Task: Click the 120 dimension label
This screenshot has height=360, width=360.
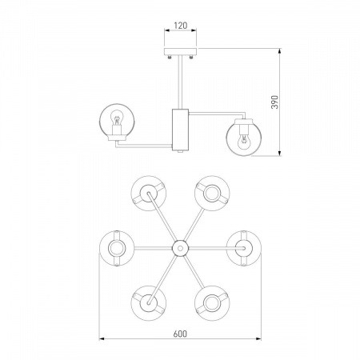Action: click(x=181, y=26)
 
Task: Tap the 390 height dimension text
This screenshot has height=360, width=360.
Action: click(x=274, y=102)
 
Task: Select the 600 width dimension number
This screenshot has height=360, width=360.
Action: click(x=180, y=334)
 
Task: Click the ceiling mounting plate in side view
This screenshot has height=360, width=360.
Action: click(x=180, y=51)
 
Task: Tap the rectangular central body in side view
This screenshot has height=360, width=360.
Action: click(x=180, y=130)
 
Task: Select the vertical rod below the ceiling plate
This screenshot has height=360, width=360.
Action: click(x=180, y=82)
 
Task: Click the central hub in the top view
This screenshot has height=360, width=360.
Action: click(x=180, y=248)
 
